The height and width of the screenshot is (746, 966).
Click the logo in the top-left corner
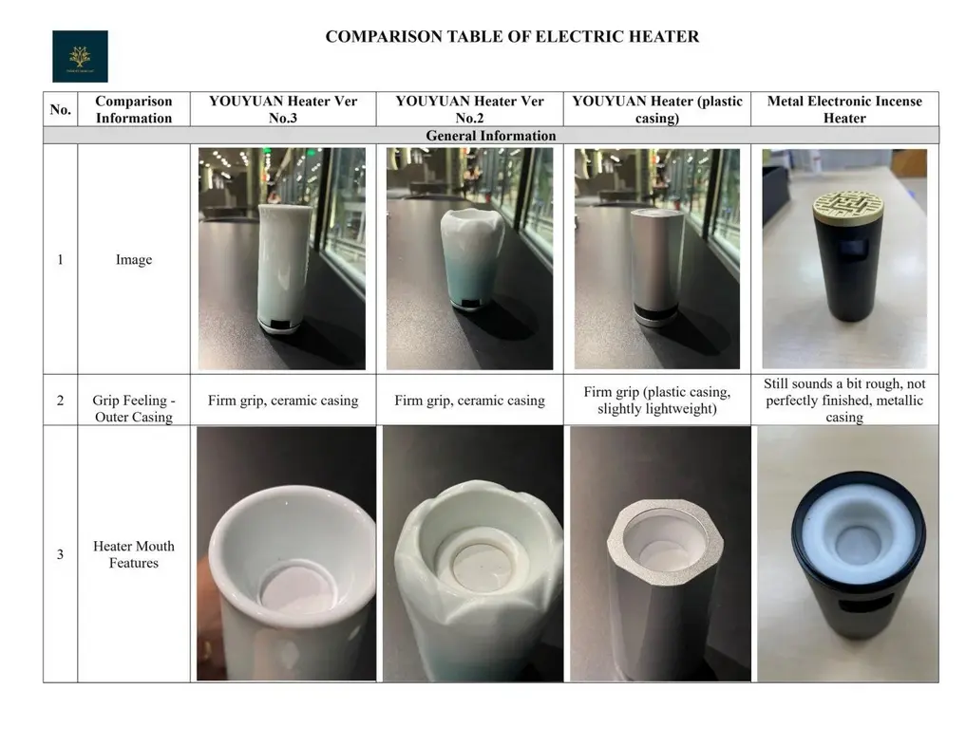(x=80, y=56)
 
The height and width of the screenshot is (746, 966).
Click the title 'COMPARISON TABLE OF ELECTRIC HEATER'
(x=512, y=37)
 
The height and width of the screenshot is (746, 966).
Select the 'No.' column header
(x=60, y=109)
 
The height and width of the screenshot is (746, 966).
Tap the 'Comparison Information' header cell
(x=134, y=109)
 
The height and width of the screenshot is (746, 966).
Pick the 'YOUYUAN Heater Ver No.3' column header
(x=283, y=109)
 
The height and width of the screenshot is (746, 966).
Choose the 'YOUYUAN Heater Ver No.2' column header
(x=469, y=109)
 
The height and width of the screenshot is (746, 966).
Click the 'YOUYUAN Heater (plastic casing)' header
(x=657, y=109)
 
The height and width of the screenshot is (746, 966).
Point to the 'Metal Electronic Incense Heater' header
(x=844, y=109)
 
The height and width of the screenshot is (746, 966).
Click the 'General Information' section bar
(x=490, y=136)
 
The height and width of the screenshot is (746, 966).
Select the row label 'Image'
(x=134, y=259)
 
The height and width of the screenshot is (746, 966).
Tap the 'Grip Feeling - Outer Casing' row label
(x=134, y=408)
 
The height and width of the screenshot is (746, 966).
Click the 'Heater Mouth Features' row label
(x=134, y=554)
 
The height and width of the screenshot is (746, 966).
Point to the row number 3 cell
(x=60, y=554)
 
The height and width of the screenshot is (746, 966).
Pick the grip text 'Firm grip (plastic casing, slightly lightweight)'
(x=657, y=401)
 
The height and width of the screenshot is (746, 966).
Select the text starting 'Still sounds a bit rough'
(x=844, y=400)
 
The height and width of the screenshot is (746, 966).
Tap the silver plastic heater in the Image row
(x=656, y=266)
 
